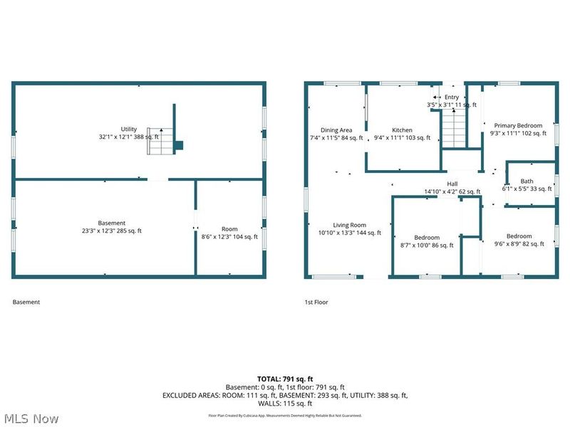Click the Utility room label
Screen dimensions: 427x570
[x=129, y=129]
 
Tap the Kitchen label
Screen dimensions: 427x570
[x=403, y=130]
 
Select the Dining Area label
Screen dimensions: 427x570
[x=336, y=130]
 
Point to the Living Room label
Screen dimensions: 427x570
[x=348, y=226]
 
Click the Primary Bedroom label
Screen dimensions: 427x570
[x=516, y=126]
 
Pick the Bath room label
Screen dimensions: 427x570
[x=527, y=181]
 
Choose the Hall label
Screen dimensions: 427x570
[x=452, y=184]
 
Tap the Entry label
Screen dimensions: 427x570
[x=452, y=97]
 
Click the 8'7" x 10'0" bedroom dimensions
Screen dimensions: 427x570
[x=427, y=245]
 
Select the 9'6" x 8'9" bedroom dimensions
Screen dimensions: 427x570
[x=519, y=243]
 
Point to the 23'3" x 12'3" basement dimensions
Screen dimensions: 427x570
[x=112, y=231]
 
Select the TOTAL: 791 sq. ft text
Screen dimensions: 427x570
[x=285, y=379]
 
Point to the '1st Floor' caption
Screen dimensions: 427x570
[x=316, y=302]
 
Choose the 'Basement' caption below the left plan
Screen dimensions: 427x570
[x=26, y=302]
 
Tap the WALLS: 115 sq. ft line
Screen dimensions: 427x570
[x=285, y=403]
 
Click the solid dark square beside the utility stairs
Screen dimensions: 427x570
[x=179, y=145]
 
